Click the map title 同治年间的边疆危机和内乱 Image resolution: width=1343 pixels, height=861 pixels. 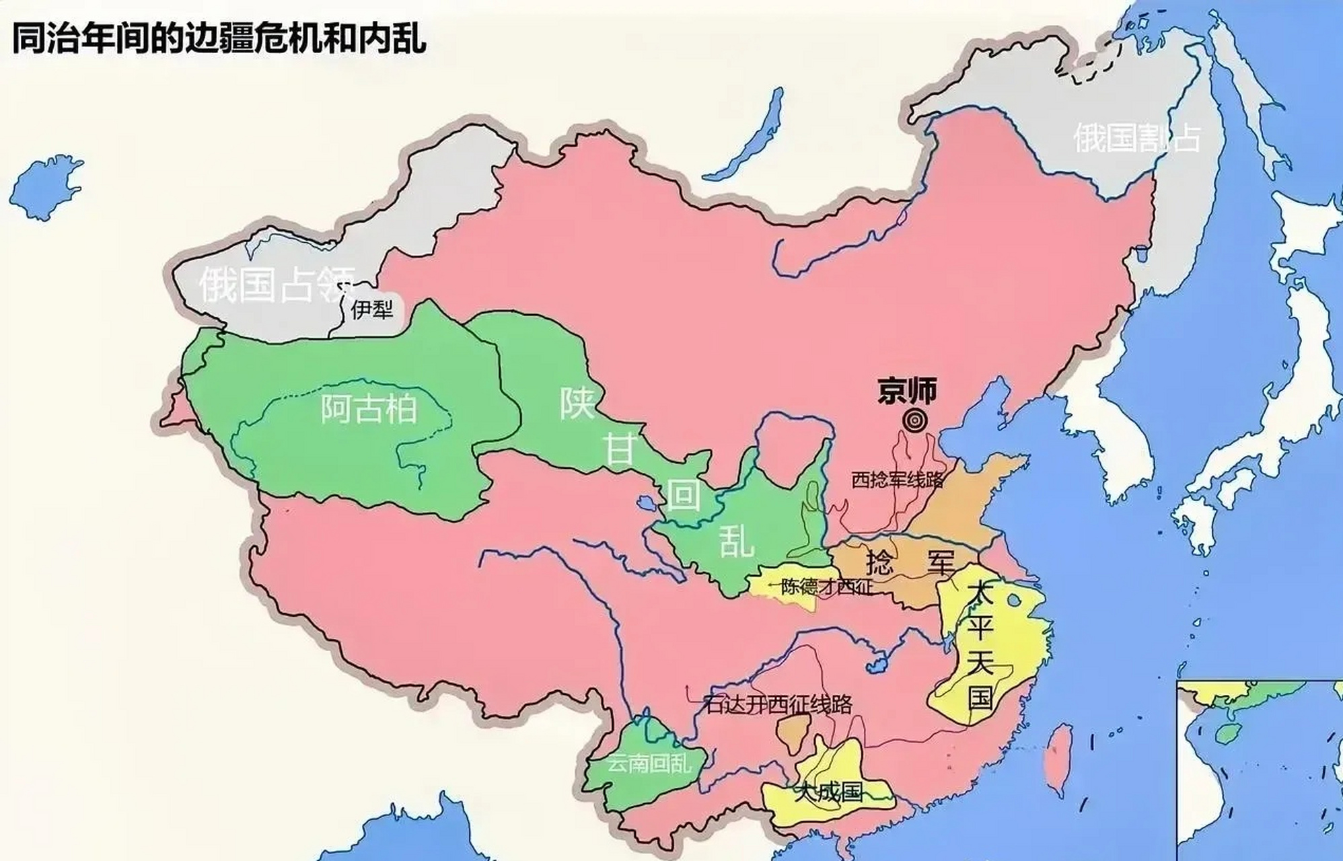point(219,37)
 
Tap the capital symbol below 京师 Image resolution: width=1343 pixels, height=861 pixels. point(914,422)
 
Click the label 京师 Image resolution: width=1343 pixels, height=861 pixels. point(907,391)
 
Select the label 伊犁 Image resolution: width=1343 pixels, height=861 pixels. point(371,309)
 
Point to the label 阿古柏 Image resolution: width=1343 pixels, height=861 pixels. point(369,408)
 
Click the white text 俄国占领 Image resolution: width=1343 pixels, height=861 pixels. point(277,285)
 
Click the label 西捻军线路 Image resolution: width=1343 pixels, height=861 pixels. point(897,480)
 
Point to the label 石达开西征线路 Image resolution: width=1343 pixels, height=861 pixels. point(778,704)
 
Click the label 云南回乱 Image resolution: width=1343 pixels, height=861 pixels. point(649,763)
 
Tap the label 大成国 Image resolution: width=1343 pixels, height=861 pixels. point(827,791)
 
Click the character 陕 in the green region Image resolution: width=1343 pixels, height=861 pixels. point(577,403)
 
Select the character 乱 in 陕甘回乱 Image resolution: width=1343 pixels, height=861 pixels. point(736,541)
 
